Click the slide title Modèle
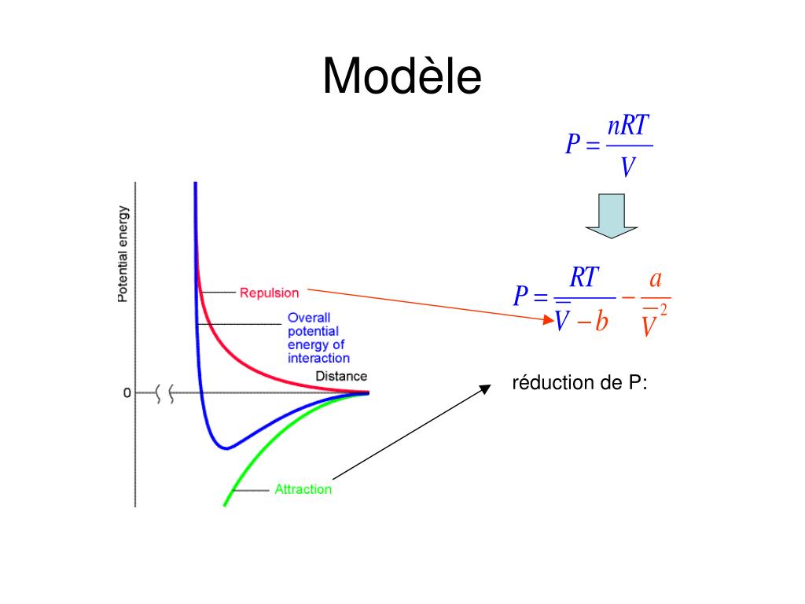402,77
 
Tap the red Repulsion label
269,293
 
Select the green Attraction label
303,489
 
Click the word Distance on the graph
341,376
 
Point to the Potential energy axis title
123,253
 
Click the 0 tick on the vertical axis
127,392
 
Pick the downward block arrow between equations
611,215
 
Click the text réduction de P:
579,384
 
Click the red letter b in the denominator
601,322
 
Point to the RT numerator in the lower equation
584,277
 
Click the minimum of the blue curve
226,448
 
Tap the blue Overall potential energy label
317,338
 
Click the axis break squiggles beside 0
166,392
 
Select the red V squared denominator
652,322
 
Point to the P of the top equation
572,145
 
